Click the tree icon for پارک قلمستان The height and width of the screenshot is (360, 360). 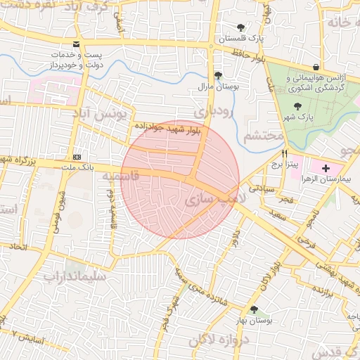(x=240, y=28)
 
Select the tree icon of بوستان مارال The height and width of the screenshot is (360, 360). (x=218, y=75)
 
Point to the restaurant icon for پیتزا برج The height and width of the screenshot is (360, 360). (x=285, y=153)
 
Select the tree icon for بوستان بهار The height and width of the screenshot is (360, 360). (x=253, y=309)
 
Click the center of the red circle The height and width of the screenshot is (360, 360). (x=181, y=179)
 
